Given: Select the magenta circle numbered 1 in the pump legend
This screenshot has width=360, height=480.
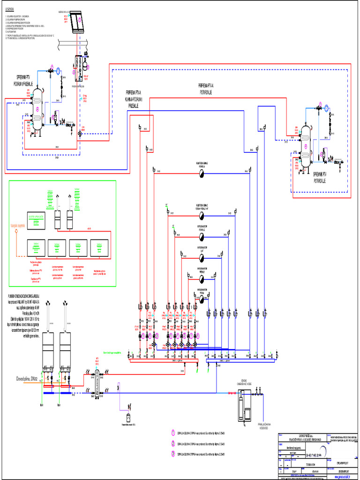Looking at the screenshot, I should (x=173, y=433).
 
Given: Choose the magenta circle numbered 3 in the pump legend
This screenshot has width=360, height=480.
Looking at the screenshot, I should (x=173, y=453).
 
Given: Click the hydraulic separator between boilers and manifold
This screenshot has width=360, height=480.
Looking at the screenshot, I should (x=97, y=382).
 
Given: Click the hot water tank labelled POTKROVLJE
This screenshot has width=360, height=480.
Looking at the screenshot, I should (x=306, y=145).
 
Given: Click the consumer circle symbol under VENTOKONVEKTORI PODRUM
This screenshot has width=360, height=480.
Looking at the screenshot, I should (x=201, y=299).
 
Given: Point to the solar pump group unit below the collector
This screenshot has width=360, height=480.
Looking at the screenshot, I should (x=78, y=68).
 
